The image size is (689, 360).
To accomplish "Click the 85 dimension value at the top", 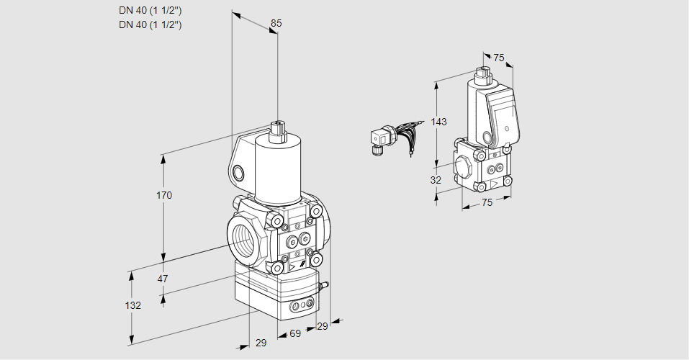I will pos(276,23).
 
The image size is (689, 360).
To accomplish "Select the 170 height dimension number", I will pos(164,195).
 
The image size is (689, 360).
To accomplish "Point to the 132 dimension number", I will pos(132,305).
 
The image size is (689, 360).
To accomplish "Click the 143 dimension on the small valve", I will pos(439,122).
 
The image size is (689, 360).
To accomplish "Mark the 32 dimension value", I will pos(436,180).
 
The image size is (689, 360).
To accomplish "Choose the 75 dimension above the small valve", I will pos(499,58).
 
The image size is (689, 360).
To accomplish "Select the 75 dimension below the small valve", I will pos(487,203).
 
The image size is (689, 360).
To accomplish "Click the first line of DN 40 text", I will pos(149,11).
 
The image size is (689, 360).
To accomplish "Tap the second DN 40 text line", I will pos(149,24).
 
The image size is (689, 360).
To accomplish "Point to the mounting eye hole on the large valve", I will pos(238,173).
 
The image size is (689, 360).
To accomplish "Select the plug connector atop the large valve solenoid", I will pos(277,130).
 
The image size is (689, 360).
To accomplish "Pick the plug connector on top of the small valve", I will pos(482,73).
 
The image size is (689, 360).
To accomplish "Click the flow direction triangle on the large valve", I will pos(292,268).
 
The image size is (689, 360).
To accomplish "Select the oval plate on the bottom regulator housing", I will pos(301,307).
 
